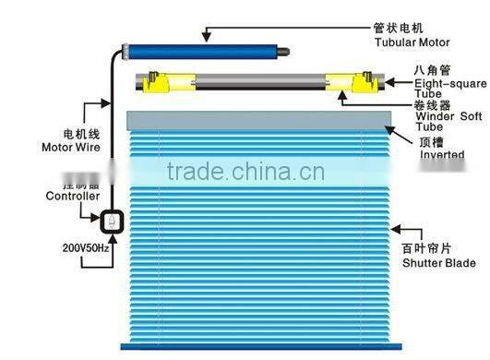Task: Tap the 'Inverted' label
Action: [x=442, y=155]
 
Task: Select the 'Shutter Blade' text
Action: [x=438, y=263]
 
